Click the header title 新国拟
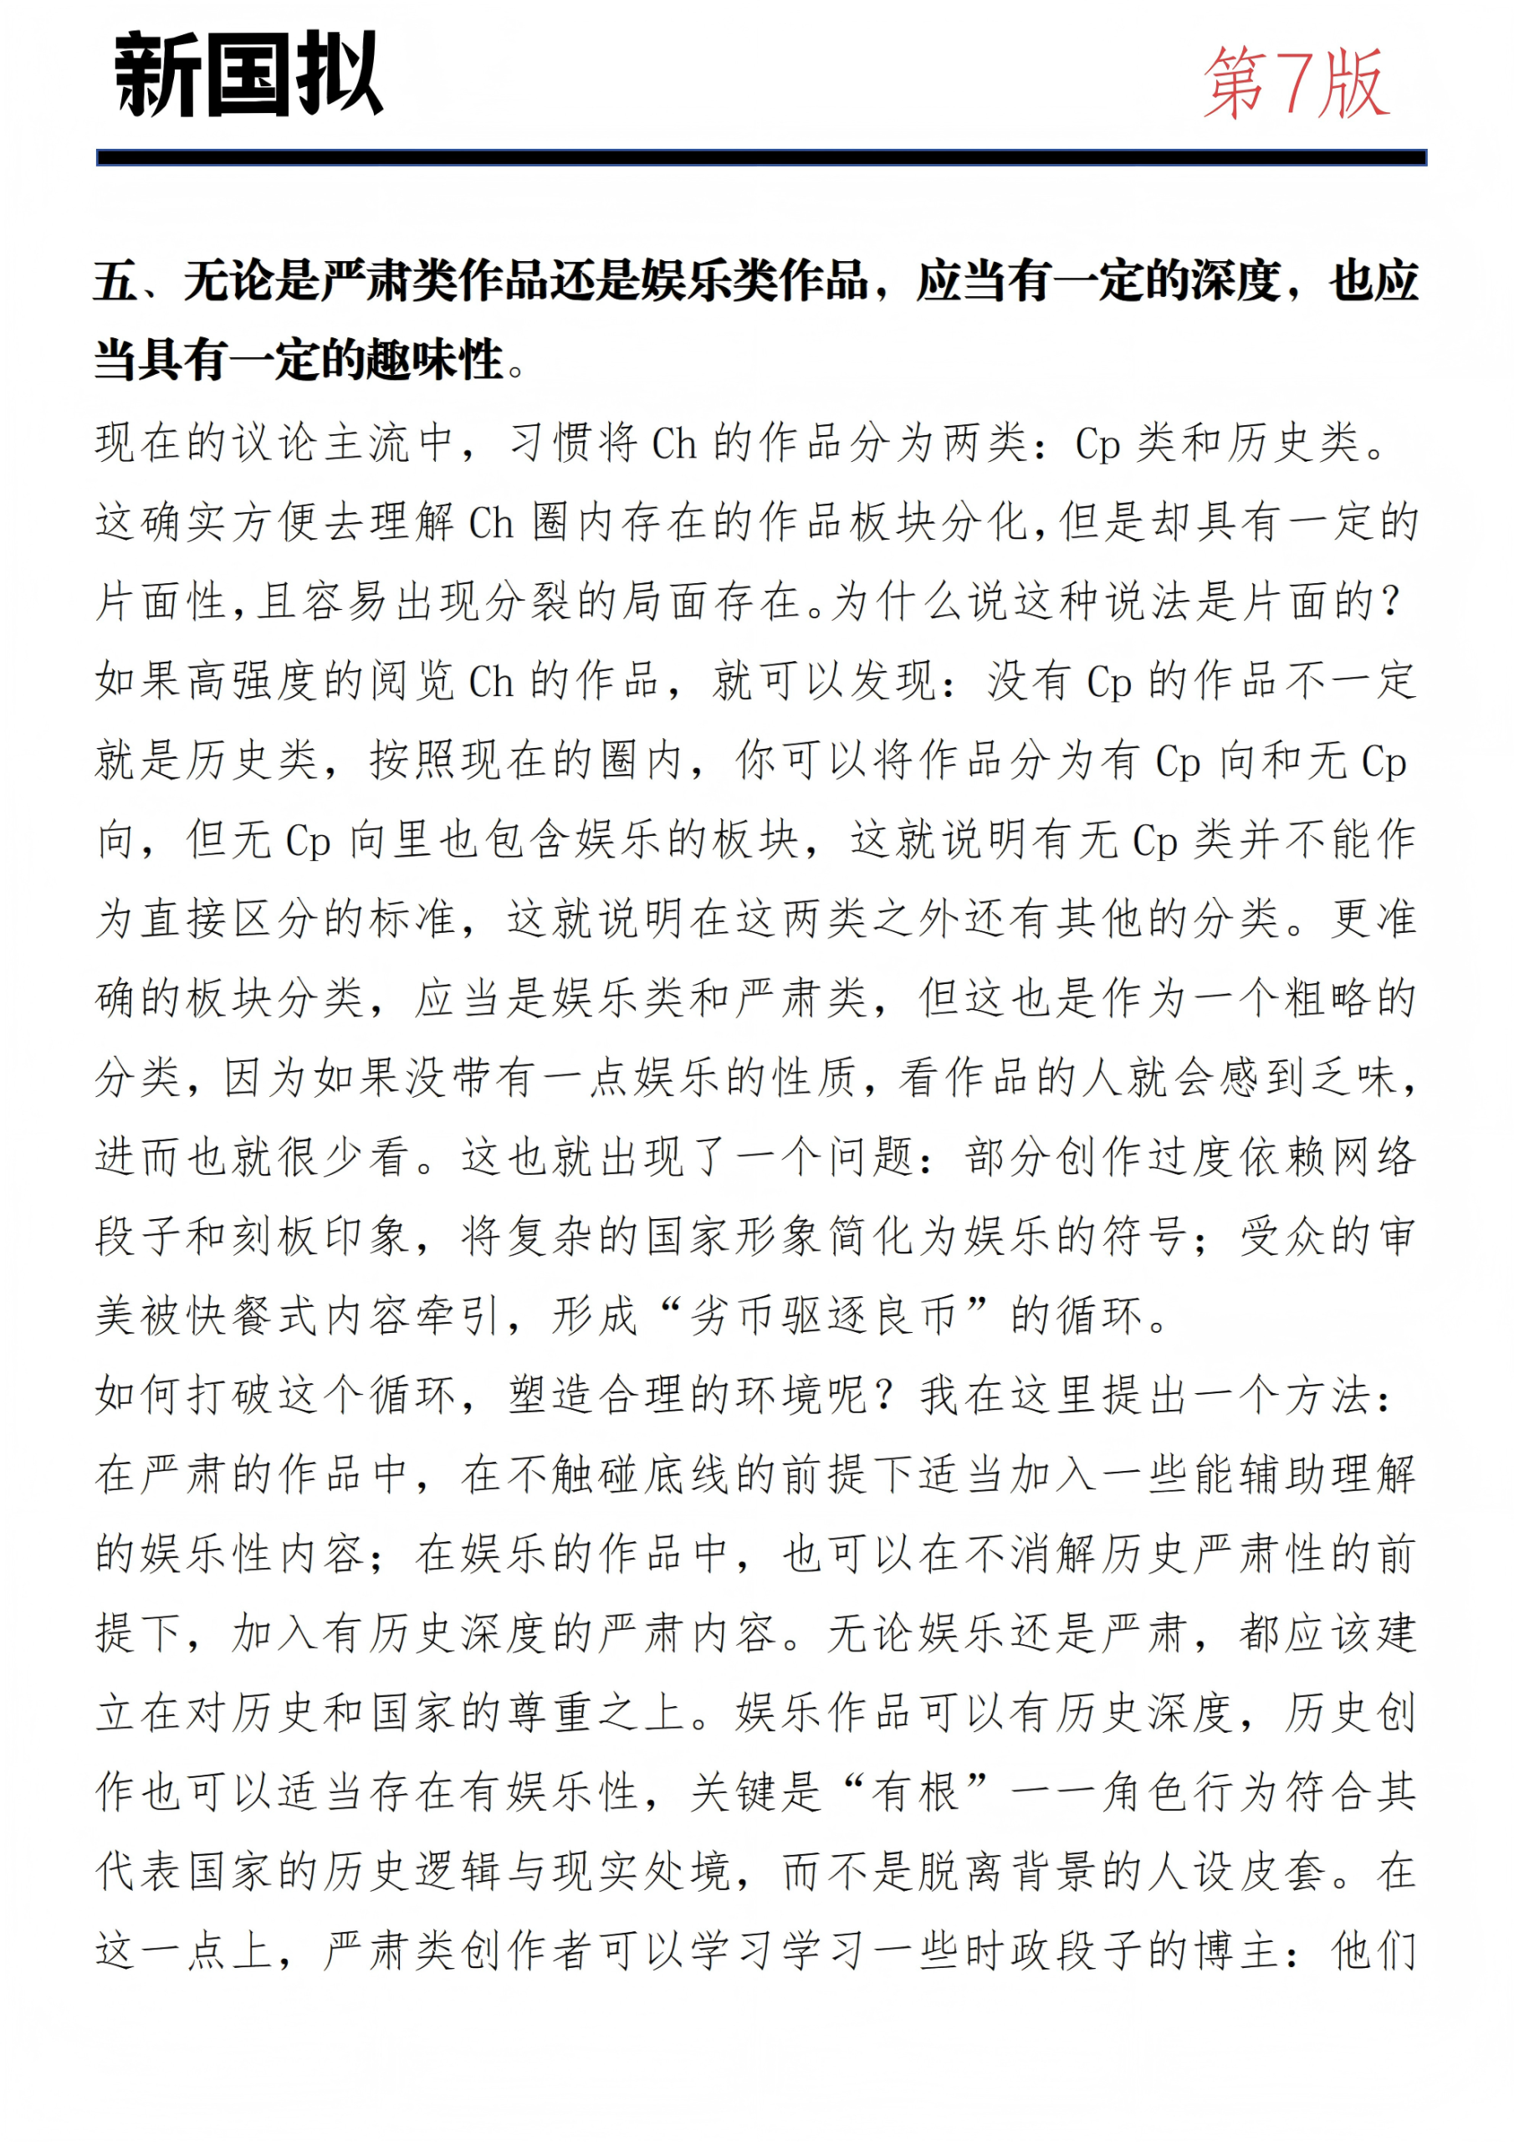248,74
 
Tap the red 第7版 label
1296,84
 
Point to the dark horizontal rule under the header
760,157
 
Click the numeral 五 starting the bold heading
115,281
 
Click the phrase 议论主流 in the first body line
299,443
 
